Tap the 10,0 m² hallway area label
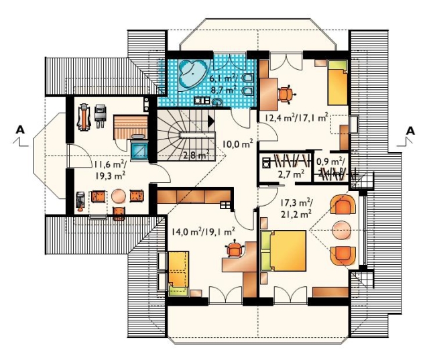(x=237, y=143)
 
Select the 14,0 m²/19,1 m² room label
(x=203, y=232)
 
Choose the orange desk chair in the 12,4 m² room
(x=286, y=94)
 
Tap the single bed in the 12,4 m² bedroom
(x=338, y=82)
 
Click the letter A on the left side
(x=20, y=129)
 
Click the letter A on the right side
(x=410, y=131)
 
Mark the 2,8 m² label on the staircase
(x=196, y=156)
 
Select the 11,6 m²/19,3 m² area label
(x=110, y=170)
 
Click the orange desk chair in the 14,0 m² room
(x=235, y=249)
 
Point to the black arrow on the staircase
(x=211, y=121)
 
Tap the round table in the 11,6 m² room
(x=119, y=196)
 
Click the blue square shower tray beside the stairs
(x=139, y=150)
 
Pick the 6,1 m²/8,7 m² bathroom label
(x=223, y=84)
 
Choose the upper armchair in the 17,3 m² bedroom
(x=343, y=204)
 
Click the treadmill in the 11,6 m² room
(x=84, y=117)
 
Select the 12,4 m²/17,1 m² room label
(x=296, y=118)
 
